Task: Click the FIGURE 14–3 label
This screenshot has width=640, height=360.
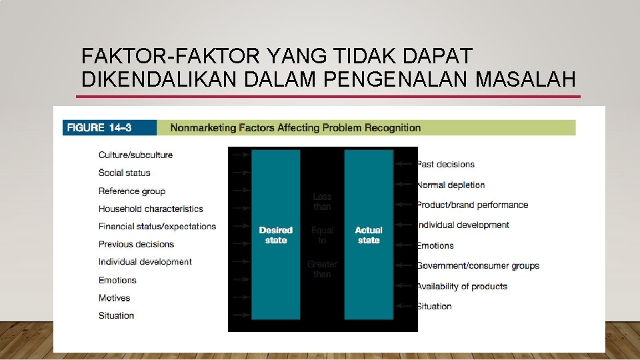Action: coord(95,127)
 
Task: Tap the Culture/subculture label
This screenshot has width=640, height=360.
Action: coord(135,155)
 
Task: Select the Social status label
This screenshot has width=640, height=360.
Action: coord(124,173)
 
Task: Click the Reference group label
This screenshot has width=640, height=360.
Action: coord(132,191)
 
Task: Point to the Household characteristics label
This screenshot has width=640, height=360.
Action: coord(151,209)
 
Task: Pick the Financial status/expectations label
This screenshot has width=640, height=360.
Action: coord(157,226)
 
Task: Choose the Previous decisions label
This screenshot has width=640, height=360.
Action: coord(136,244)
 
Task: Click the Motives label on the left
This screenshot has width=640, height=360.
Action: coord(114,298)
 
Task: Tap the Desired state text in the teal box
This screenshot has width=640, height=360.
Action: coord(275,235)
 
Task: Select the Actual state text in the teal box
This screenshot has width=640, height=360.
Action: coord(368,235)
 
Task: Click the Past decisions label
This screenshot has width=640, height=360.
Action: coord(445,164)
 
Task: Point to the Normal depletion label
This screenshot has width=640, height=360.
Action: coord(451,185)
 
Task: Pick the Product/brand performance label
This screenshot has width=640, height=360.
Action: coord(472,205)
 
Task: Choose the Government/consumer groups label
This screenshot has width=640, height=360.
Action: coord(478,265)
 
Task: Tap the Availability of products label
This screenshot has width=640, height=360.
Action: coord(462,286)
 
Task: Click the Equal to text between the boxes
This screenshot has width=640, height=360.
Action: coord(322,235)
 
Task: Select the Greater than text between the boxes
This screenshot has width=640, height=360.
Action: coord(322,269)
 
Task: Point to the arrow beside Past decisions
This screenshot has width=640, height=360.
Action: coord(405,164)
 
